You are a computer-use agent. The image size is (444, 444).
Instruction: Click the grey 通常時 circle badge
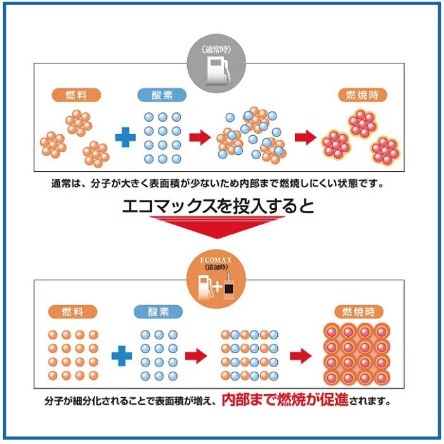(x=216, y=63)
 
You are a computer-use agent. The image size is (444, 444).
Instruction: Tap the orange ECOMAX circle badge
(x=216, y=279)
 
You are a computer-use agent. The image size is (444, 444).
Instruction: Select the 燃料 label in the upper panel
(x=76, y=95)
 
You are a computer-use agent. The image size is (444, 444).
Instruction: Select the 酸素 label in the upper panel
(x=162, y=95)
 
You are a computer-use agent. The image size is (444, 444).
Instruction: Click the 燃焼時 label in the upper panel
(x=363, y=95)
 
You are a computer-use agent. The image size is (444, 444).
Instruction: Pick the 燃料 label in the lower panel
(x=72, y=312)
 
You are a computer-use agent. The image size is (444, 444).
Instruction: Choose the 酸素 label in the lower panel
(x=159, y=312)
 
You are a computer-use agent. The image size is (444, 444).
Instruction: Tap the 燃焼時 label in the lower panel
(x=359, y=312)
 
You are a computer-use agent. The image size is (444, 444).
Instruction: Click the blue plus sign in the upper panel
(x=126, y=138)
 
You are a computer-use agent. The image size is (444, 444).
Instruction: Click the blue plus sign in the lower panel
(x=122, y=356)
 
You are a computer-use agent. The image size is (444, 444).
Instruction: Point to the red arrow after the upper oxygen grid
(x=200, y=138)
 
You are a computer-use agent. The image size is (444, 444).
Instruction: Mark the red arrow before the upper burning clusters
(x=306, y=138)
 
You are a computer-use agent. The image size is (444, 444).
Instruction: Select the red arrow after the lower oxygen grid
(x=196, y=356)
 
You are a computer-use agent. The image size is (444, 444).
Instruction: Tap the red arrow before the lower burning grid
(x=301, y=356)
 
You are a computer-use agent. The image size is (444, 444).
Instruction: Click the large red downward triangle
(x=217, y=227)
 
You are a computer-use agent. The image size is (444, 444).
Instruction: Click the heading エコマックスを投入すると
(x=218, y=206)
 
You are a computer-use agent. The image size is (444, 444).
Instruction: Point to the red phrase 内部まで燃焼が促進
(x=285, y=400)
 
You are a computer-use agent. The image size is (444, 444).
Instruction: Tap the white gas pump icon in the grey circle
(x=217, y=71)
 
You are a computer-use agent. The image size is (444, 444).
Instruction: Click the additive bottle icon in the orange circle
(x=229, y=287)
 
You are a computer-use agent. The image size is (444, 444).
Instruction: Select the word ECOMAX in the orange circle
(x=216, y=260)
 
